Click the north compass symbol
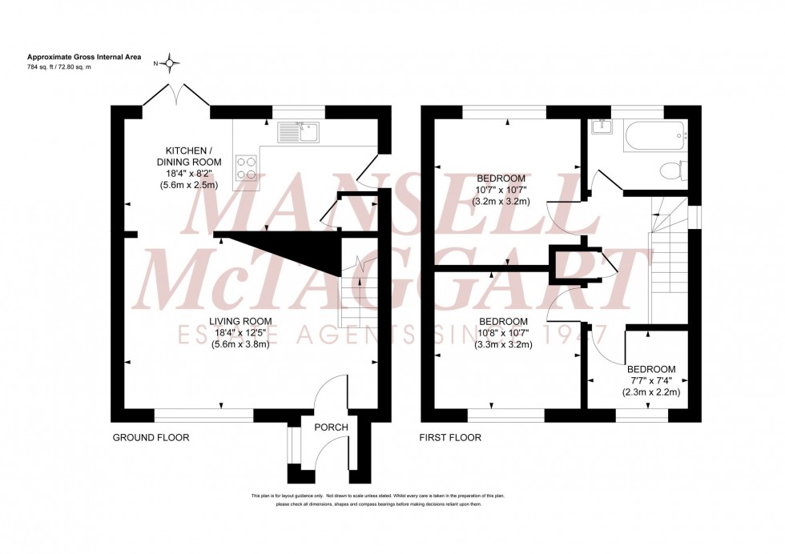point(171,62)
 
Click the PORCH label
point(331,428)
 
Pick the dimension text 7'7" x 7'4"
point(650,381)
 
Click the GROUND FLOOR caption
point(151,438)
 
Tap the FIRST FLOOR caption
point(450,438)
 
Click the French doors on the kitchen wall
point(176,94)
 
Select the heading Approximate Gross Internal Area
point(84,57)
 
